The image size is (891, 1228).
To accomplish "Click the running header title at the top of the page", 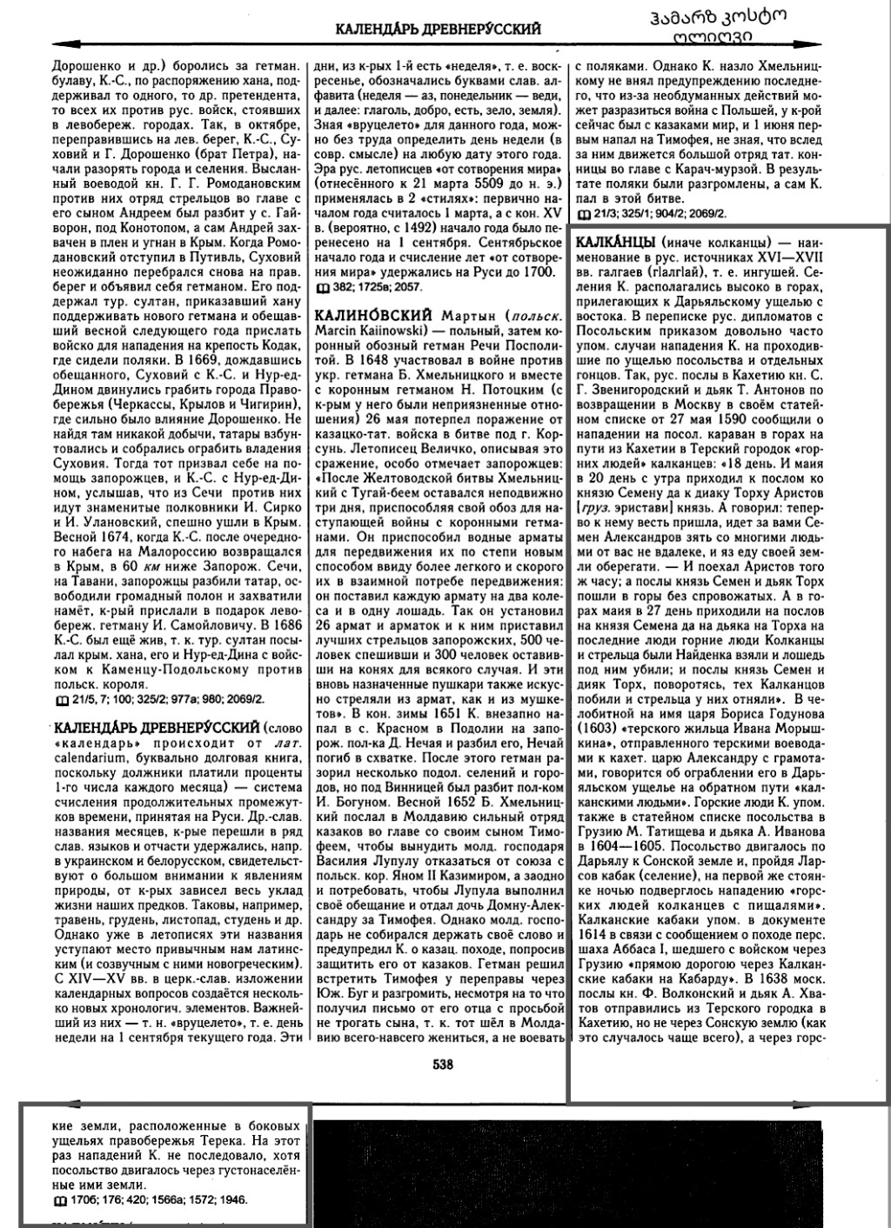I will (x=438, y=30).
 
